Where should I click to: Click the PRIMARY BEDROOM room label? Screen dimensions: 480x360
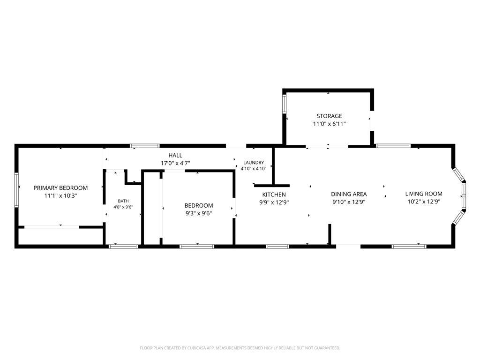click(60, 187)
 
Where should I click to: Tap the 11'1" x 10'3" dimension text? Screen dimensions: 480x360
click(60, 195)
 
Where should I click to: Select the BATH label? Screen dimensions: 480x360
click(123, 201)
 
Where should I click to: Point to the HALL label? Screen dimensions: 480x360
click(175, 156)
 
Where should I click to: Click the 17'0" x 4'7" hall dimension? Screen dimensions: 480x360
click(175, 164)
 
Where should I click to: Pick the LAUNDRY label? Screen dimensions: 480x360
click(254, 163)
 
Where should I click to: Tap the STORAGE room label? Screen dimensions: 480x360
click(330, 116)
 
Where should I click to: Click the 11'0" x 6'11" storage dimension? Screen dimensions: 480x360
click(330, 124)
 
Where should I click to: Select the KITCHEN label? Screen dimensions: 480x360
click(274, 195)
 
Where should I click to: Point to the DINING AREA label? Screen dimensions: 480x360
click(349, 194)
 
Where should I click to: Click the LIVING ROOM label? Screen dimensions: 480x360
click(424, 194)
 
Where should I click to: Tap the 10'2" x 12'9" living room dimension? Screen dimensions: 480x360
click(424, 202)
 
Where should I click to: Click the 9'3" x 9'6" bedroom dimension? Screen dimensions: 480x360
click(199, 213)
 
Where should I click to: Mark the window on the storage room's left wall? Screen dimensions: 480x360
click(284, 104)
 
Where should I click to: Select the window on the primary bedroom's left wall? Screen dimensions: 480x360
click(16, 190)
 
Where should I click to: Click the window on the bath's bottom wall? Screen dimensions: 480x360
click(124, 246)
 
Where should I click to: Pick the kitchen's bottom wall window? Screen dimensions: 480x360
click(277, 246)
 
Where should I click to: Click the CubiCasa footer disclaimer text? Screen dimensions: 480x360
click(240, 348)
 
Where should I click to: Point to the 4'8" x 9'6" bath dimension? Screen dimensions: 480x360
click(123, 207)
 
